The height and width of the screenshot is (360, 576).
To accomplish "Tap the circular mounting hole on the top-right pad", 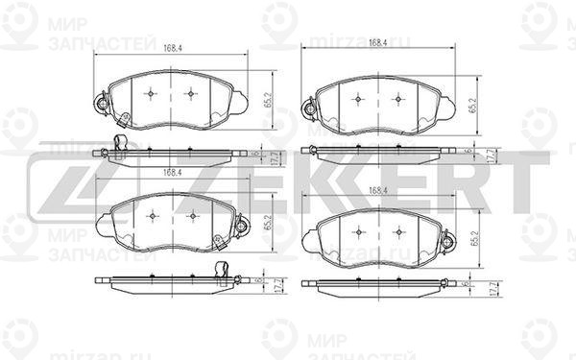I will coord(309,108).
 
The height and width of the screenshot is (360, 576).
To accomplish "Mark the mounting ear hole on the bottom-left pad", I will coord(242,227).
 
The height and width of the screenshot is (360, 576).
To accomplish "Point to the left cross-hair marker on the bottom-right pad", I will coord(357,231).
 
